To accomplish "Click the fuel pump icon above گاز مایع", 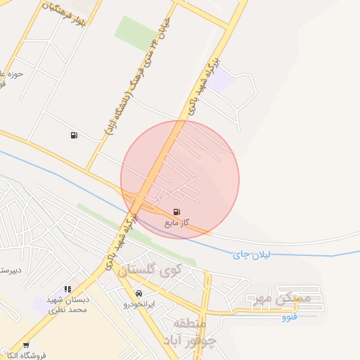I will (176, 212).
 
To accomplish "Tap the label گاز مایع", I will (177, 223).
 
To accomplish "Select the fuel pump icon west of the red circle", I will (74, 135).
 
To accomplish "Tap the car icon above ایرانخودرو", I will (139, 293).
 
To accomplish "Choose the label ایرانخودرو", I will (139, 304).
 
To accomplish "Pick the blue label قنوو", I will (289, 317).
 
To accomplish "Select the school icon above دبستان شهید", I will (67, 288).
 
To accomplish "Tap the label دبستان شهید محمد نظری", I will (67, 304).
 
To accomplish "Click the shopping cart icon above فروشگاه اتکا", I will (26, 345).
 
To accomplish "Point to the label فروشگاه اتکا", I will (26, 355).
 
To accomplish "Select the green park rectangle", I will (136, 32).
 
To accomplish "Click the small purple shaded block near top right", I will (221, 78).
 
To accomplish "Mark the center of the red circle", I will (180, 179).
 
